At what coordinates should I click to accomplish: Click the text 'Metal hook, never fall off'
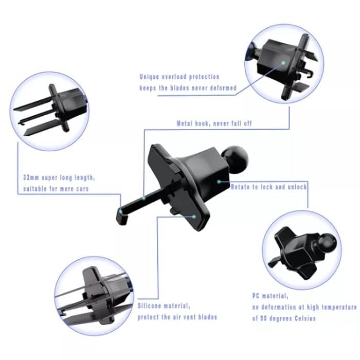[214, 123]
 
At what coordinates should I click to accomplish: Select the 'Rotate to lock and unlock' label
[268, 187]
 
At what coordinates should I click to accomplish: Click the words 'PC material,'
[271, 296]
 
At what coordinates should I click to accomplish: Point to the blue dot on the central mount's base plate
[194, 217]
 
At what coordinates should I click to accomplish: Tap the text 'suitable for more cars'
[55, 189]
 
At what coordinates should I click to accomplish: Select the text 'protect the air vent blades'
[177, 317]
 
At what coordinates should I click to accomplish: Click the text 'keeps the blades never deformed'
[188, 88]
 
